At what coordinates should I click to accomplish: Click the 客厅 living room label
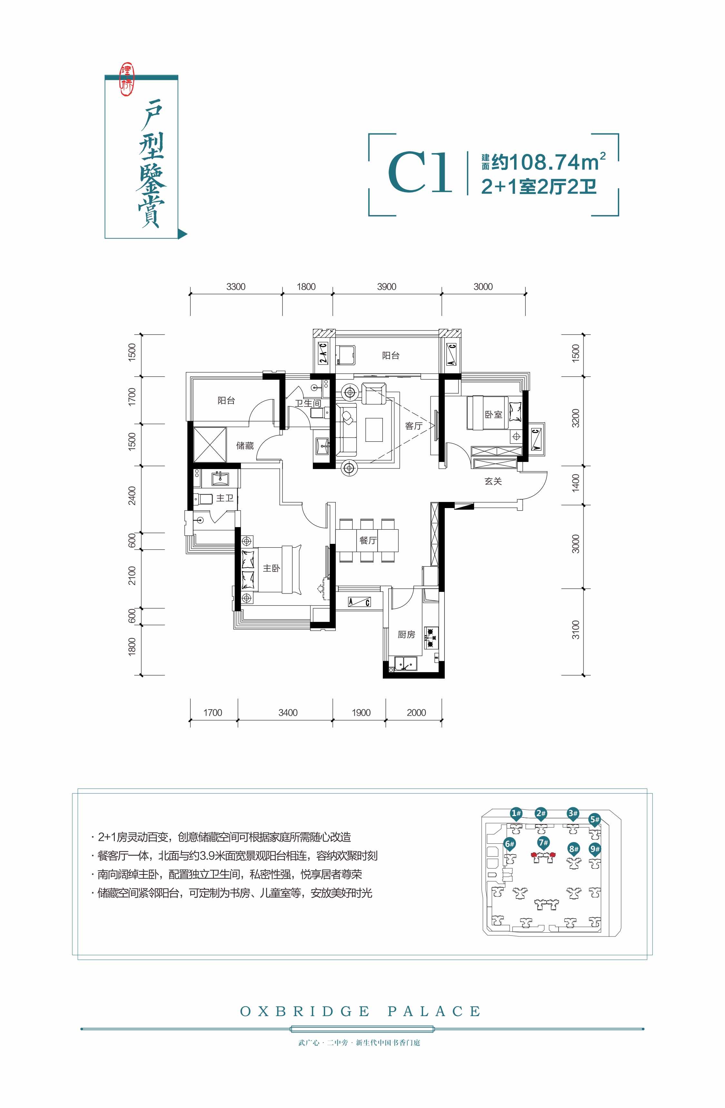413,426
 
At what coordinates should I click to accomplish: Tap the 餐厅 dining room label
368,540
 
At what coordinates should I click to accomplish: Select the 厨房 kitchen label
406,634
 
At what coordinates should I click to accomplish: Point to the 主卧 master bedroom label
272,568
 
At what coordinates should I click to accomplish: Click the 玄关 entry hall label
493,481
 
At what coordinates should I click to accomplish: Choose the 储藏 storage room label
245,446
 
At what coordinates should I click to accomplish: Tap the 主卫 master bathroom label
225,498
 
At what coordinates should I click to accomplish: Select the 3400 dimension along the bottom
288,713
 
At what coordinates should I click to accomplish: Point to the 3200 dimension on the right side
576,418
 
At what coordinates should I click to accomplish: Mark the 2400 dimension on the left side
132,495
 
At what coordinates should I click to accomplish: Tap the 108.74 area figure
544,162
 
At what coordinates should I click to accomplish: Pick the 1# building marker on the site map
515,814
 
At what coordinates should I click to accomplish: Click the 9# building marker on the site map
595,849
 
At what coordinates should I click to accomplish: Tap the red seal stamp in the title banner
127,80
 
